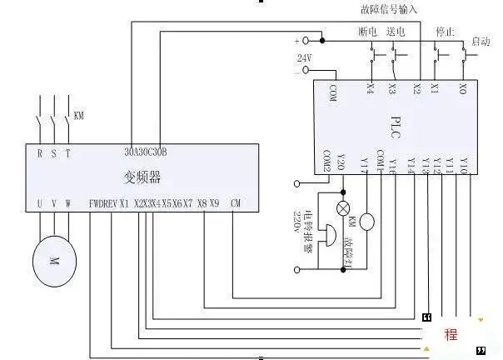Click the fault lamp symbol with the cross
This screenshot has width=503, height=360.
341,207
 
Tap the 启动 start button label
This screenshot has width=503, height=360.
481,41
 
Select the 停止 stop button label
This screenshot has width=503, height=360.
446,32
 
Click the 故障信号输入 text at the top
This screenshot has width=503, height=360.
389,9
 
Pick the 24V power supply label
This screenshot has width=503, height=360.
304,57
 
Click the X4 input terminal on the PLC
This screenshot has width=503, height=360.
370,87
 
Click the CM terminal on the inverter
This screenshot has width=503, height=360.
236,202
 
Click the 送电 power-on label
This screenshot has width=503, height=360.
396,32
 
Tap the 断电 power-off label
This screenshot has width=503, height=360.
368,32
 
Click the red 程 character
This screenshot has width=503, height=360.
451,335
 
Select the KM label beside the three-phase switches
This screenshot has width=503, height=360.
79,114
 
